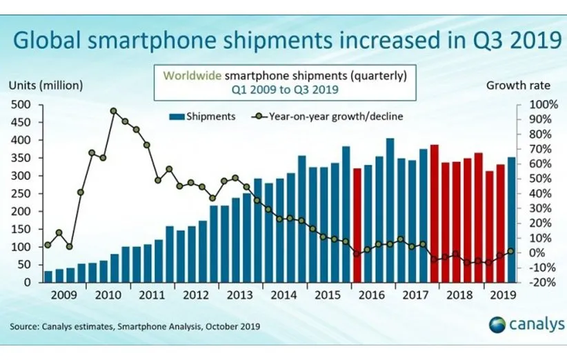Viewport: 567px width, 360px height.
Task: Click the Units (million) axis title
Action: click(46, 86)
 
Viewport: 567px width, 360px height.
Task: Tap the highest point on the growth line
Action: click(114, 110)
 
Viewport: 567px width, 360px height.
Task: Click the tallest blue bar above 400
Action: click(390, 210)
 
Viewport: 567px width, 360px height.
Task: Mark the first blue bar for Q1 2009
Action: click(48, 277)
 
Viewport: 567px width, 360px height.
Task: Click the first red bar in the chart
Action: click(357, 225)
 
